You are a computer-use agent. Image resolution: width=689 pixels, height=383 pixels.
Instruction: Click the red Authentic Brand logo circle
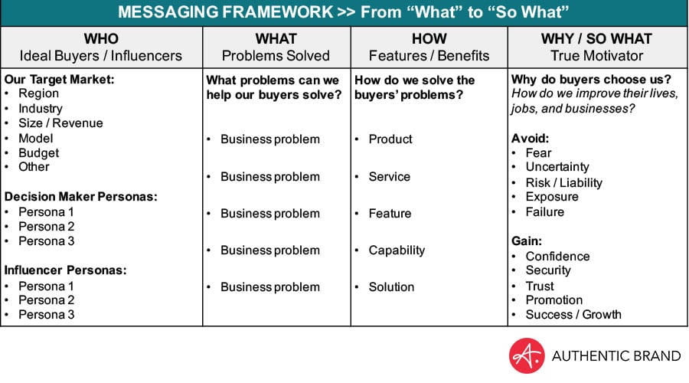pos(527,355)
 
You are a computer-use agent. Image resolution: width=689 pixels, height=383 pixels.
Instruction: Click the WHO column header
pos(101,39)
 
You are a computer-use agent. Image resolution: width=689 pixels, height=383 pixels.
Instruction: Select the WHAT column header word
pos(276,39)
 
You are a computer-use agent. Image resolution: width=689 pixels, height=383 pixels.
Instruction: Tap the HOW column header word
pos(429,39)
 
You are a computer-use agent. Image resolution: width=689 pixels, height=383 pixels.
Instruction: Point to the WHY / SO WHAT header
pos(596,39)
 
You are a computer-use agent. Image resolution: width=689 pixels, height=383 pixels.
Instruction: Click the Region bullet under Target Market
pos(39,93)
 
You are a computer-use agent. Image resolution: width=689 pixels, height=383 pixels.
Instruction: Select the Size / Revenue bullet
pos(60,123)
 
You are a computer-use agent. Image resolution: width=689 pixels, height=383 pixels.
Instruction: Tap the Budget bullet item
pos(39,153)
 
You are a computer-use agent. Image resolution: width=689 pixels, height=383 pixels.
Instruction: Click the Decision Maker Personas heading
pos(81,197)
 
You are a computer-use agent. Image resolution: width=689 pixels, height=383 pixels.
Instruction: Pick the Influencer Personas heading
pos(66,270)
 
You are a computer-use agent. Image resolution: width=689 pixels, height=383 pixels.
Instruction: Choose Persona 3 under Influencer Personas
pos(46,315)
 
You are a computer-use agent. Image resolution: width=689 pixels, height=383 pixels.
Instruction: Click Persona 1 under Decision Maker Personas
pos(46,212)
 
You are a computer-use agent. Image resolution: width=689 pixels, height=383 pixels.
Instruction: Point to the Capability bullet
pos(397,250)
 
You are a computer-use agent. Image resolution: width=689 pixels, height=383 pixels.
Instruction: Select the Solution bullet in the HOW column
pos(391,287)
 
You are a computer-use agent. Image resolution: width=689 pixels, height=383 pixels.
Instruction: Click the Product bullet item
pos(390,139)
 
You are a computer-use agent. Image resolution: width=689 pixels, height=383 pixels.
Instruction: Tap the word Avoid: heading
pos(530,139)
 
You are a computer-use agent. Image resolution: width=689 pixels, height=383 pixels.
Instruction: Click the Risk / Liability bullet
pos(563,182)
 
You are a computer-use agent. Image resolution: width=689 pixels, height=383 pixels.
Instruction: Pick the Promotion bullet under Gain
pos(554,300)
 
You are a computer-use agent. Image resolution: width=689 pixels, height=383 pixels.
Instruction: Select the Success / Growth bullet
pos(573,315)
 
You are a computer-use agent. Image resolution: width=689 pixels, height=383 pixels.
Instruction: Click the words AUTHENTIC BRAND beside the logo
pos(616,355)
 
